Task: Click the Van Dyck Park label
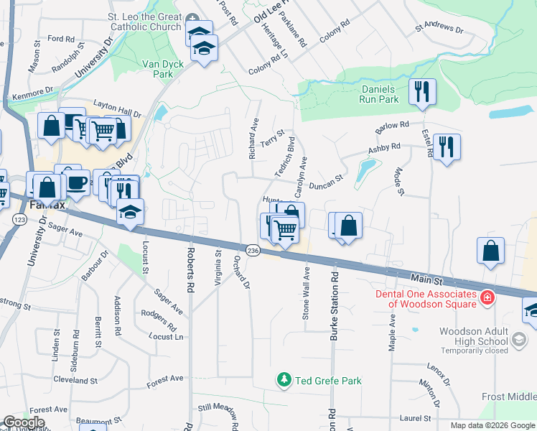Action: [x=163, y=69]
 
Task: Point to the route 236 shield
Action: [x=252, y=250]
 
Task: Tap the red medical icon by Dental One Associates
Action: [x=487, y=297]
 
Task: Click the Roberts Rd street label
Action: [x=190, y=270]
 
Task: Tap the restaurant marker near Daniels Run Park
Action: [x=421, y=91]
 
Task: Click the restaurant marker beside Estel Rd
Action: [x=447, y=147]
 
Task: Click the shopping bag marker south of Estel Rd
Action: [x=490, y=251]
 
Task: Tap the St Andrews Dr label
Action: [x=439, y=29]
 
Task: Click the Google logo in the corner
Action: [x=24, y=422]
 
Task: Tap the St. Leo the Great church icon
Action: [x=192, y=19]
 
